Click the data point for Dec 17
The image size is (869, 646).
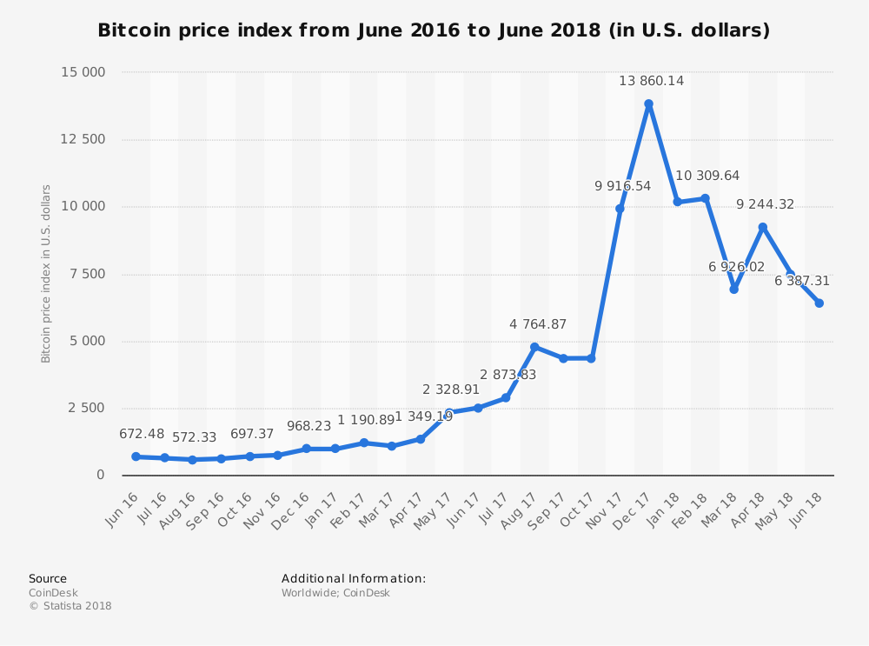pos(648,104)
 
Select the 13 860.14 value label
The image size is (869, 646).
pos(651,81)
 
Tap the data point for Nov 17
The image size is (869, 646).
pos(620,209)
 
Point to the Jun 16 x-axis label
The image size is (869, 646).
pos(123,509)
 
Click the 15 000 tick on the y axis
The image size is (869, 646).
pos(83,72)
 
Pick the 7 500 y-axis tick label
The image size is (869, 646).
pos(86,274)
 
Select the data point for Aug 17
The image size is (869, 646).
pos(534,347)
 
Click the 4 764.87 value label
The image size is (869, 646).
pos(537,324)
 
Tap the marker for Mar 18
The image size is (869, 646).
pos(733,290)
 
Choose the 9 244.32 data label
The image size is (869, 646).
pos(765,204)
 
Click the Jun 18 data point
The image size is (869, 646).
pos(819,303)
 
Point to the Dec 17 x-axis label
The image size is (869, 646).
pos(634,509)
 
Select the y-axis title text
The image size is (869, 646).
pos(47,273)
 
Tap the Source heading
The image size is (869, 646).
pos(48,578)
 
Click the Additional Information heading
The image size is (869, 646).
pos(354,578)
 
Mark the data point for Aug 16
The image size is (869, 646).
pos(192,460)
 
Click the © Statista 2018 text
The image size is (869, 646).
pos(70,606)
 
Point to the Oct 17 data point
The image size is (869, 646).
pos(591,358)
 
